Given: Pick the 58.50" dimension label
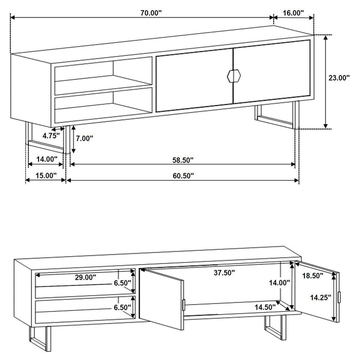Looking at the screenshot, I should (183, 159).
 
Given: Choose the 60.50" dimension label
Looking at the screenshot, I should (183, 176).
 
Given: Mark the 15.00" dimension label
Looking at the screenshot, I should (45, 176).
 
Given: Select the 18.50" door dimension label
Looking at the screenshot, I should (313, 276).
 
